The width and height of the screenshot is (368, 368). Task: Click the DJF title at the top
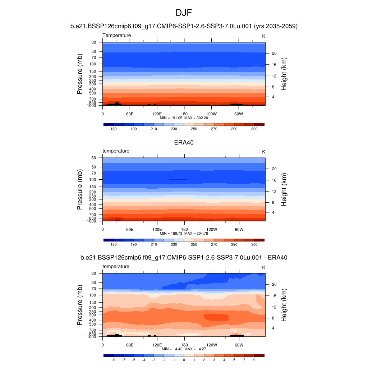tap(184, 13)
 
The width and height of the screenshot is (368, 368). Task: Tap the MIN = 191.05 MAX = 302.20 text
tap(184, 118)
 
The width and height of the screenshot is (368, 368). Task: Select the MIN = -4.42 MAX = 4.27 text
tap(184, 349)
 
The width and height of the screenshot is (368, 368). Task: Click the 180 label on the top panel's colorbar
tap(114, 129)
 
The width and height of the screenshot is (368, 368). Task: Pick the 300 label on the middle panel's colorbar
tap(254, 244)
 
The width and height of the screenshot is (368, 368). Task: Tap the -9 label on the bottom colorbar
tap(114, 360)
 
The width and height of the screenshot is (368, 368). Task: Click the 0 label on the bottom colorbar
tap(184, 360)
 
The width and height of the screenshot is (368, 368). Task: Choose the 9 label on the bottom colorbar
tap(254, 360)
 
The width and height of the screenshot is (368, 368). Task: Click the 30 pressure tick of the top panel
tap(94, 42)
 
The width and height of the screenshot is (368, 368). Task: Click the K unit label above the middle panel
tap(263, 152)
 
